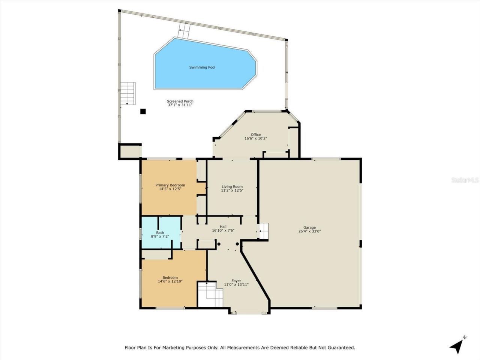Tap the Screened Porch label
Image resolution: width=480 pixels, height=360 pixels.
click(x=180, y=101)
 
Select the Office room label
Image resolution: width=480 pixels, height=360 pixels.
click(x=256, y=135)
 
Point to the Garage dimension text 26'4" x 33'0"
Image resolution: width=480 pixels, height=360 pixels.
click(x=309, y=231)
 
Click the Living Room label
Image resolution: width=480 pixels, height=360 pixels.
click(x=232, y=186)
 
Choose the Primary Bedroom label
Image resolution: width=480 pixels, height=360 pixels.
click(x=170, y=185)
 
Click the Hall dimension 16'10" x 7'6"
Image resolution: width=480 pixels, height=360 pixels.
click(x=223, y=231)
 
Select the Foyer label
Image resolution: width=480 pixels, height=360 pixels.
click(x=236, y=281)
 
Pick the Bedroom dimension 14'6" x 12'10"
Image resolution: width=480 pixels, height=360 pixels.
click(x=170, y=281)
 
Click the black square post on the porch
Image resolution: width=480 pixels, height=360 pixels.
click(x=143, y=111)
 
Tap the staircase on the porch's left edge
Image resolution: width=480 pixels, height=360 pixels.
click(x=127, y=93)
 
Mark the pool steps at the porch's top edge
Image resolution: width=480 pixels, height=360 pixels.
click(x=184, y=30)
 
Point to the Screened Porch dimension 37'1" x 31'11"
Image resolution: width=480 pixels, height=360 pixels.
click(x=180, y=105)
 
